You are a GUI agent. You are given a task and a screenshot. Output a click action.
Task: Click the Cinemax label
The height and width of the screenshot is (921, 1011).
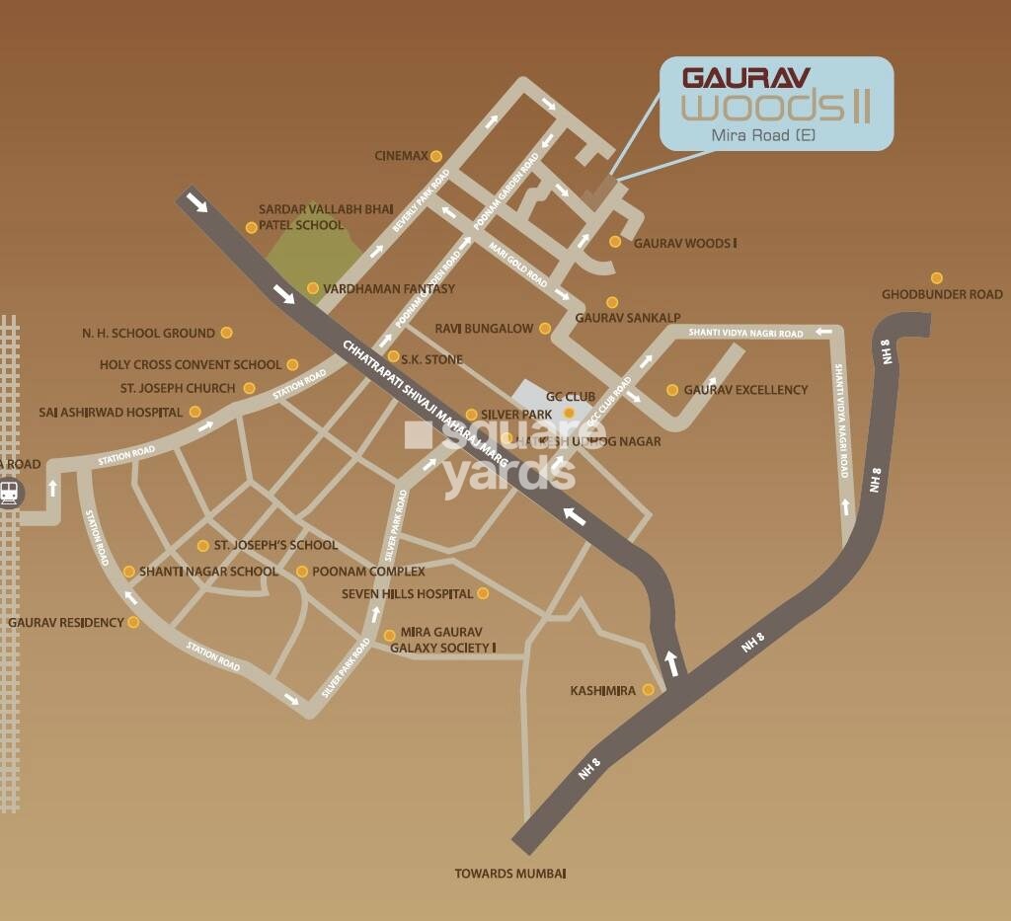[x=401, y=156]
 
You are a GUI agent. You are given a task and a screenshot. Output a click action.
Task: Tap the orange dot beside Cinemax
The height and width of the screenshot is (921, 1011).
[x=435, y=156]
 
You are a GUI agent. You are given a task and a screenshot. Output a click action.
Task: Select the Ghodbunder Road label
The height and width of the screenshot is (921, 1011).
[x=942, y=294]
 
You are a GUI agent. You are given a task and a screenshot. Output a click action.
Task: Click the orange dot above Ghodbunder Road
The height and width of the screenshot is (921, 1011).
[x=936, y=278]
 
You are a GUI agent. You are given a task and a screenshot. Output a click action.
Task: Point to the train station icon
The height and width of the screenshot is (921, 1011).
[x=10, y=492]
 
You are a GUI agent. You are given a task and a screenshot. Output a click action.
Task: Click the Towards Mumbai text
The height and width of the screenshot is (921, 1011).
[x=509, y=874]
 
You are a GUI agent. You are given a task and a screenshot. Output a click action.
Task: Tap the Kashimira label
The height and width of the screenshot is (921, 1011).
[x=602, y=690]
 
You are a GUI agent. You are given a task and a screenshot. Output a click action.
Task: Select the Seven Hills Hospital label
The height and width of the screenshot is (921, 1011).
[x=408, y=594]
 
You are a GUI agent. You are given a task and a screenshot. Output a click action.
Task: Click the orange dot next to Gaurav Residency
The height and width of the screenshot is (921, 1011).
[x=133, y=623]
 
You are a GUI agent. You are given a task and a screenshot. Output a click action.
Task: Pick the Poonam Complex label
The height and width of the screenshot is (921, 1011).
[x=368, y=572]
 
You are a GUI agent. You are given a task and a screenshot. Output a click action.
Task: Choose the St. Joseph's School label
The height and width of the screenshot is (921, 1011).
[x=275, y=545]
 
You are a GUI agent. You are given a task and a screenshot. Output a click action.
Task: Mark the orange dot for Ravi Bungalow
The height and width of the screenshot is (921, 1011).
[x=545, y=328]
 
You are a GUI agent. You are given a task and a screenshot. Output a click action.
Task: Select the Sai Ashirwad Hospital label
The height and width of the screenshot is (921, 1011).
[x=111, y=412]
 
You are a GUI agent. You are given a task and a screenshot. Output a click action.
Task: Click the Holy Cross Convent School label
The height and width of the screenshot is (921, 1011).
[x=191, y=365]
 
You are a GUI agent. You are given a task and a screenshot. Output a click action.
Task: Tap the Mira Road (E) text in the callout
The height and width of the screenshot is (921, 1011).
[x=777, y=134]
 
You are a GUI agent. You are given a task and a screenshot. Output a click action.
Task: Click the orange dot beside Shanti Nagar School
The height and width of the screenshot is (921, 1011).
[x=129, y=572]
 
